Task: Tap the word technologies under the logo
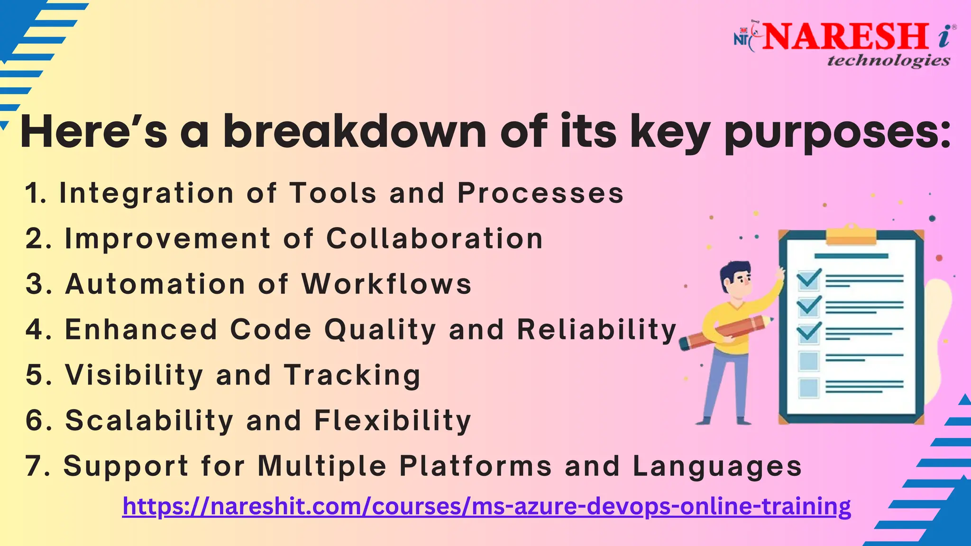tap(889, 61)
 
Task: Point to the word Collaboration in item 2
tap(434, 238)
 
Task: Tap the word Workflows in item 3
tap(386, 284)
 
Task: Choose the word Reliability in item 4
tap(596, 329)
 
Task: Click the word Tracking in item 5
tap(352, 375)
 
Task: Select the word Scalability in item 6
tap(149, 420)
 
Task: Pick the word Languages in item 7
tap(717, 466)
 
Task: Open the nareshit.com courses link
tap(486, 506)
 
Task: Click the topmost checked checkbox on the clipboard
tap(808, 280)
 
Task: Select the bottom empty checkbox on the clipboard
tap(808, 388)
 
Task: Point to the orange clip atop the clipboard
tap(851, 236)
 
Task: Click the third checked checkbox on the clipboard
tap(808, 333)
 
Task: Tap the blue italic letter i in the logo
tap(944, 37)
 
